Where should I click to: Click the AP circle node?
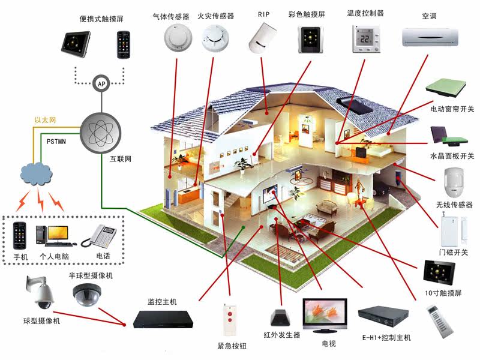101,83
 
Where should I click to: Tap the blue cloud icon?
36,173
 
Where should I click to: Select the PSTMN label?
56,142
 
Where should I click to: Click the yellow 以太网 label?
45,120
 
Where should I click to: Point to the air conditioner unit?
430,37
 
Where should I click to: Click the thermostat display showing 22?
366,39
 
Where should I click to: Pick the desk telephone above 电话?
98,236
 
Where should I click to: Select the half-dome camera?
87,295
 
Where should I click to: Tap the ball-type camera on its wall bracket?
40,293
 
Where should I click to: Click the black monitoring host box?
163,319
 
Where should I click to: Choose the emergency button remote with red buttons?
230,319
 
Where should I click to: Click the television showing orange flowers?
325,316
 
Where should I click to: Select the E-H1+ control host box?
383,317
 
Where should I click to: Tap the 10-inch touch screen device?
439,272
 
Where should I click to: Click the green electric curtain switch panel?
446,87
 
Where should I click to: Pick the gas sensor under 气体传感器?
178,38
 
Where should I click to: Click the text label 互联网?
121,159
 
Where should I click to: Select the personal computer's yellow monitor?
58,233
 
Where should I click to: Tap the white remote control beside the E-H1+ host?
440,321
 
